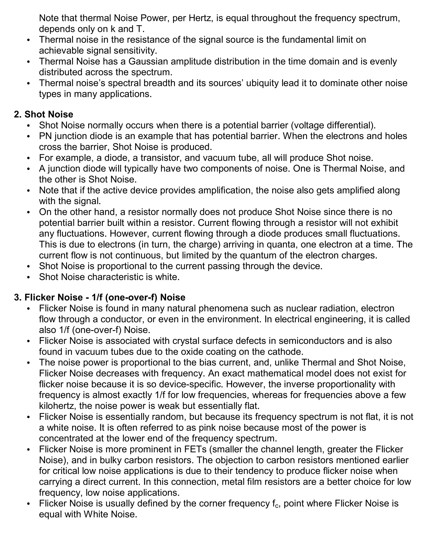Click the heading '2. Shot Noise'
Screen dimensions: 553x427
click(x=44, y=114)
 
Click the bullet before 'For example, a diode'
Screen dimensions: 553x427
click(x=29, y=158)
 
